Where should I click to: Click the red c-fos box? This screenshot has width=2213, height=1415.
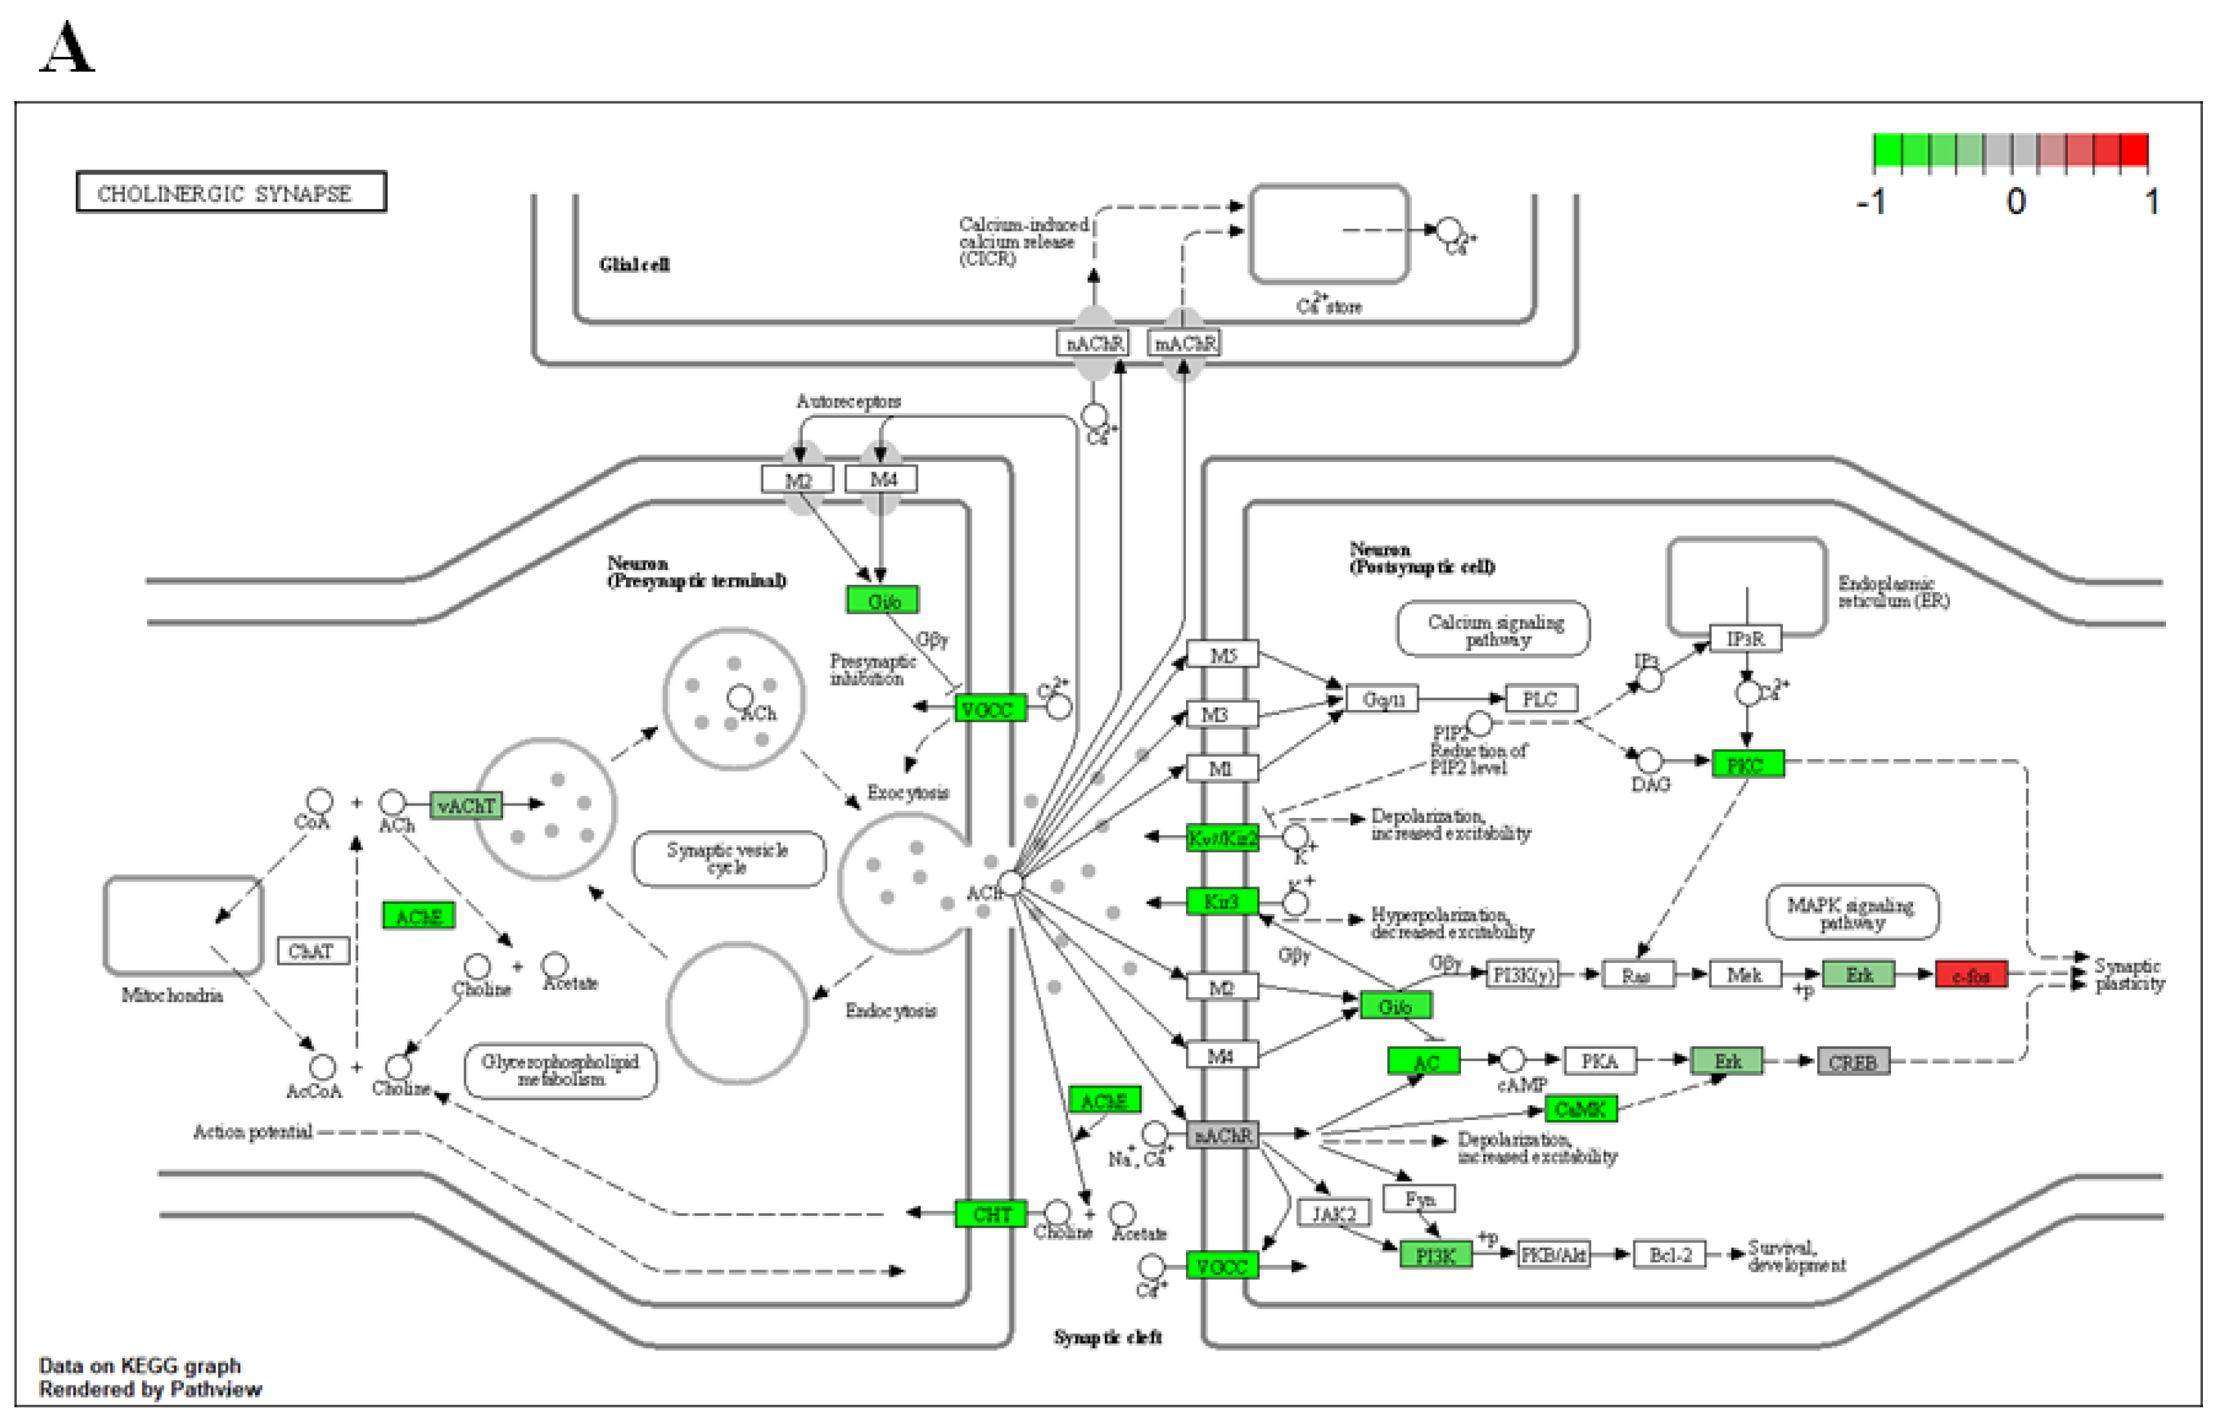coord(1972,975)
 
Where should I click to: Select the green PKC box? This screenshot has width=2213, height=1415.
coord(1747,765)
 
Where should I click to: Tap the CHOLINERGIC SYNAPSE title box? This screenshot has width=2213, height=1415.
coord(231,192)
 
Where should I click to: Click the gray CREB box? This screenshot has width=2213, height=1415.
coord(1853,1062)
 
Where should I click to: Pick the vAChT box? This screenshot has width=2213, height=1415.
coord(466,806)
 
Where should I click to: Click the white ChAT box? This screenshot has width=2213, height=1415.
coord(313,951)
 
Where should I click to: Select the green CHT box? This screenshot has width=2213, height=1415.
coord(991,1214)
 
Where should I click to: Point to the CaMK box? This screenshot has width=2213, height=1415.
coord(1580,1109)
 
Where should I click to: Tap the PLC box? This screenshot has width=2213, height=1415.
coord(1542,699)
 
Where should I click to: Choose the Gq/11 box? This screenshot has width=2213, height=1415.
coord(1383,699)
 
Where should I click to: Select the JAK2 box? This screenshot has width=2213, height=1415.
coord(1334,1214)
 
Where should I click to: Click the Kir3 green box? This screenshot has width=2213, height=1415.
coord(1222,902)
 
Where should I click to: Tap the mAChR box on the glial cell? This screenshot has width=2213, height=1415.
coord(1185,343)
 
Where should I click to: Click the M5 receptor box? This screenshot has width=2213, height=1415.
coord(1222,655)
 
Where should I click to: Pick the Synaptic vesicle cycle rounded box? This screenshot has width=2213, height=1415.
coord(728,859)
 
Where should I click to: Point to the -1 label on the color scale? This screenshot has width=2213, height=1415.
coord(1870,201)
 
